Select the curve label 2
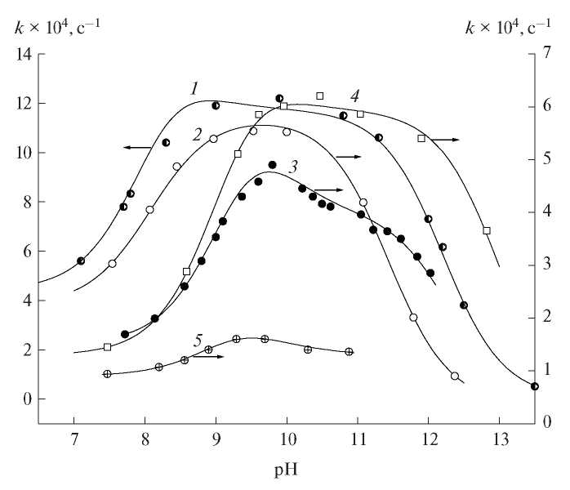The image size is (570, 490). click(x=197, y=133)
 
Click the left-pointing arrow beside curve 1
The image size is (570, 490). click(x=137, y=148)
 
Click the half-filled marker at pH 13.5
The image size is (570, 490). click(x=535, y=386)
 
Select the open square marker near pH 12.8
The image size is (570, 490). click(x=487, y=231)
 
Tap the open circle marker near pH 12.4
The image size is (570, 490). click(x=455, y=376)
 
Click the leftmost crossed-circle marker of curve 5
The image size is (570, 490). click(x=107, y=374)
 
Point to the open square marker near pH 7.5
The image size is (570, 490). click(x=107, y=347)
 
